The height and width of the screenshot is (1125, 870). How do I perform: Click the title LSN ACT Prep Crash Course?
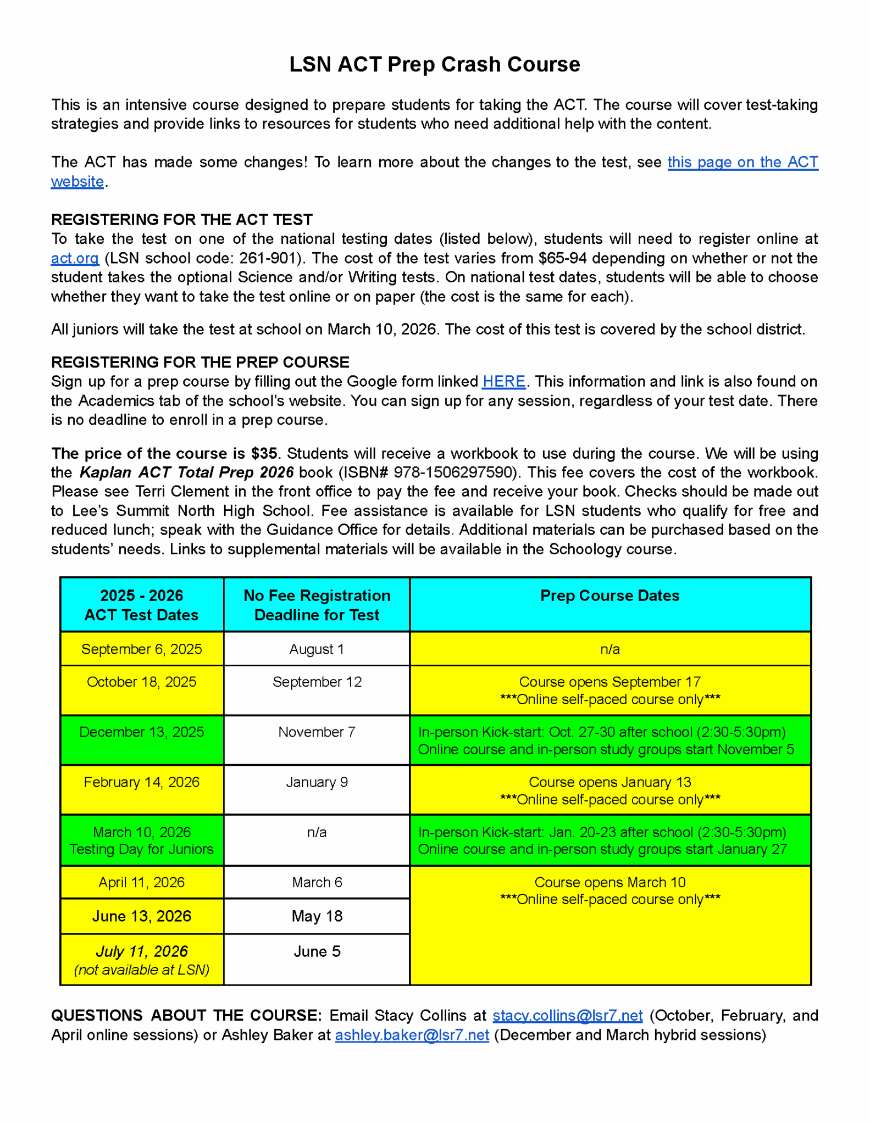coord(434,64)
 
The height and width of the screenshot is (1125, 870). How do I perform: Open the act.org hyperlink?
coord(75,258)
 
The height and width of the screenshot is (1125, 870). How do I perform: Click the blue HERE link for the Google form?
coord(503,381)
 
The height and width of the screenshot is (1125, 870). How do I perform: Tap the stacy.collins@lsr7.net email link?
coord(567,1015)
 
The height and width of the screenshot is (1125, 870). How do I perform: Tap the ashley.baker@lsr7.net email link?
coord(412,1035)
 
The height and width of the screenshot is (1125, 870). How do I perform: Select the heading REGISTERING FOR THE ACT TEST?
coord(181,220)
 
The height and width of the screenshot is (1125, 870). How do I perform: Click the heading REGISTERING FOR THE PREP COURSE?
coord(200,362)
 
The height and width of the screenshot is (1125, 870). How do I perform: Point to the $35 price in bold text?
coord(264,453)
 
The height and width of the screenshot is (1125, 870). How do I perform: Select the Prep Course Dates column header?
coord(609,595)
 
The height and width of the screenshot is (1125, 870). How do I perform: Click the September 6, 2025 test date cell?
coord(142,649)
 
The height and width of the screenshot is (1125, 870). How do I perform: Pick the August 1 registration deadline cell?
coord(317,649)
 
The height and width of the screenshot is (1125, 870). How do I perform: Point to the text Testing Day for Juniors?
coord(142,849)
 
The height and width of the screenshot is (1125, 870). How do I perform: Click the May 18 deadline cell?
coord(317,916)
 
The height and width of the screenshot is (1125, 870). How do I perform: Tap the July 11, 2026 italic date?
coord(142,951)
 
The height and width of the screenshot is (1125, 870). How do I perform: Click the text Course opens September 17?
coord(609,682)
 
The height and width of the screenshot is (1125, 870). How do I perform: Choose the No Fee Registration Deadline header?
coord(317,605)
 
